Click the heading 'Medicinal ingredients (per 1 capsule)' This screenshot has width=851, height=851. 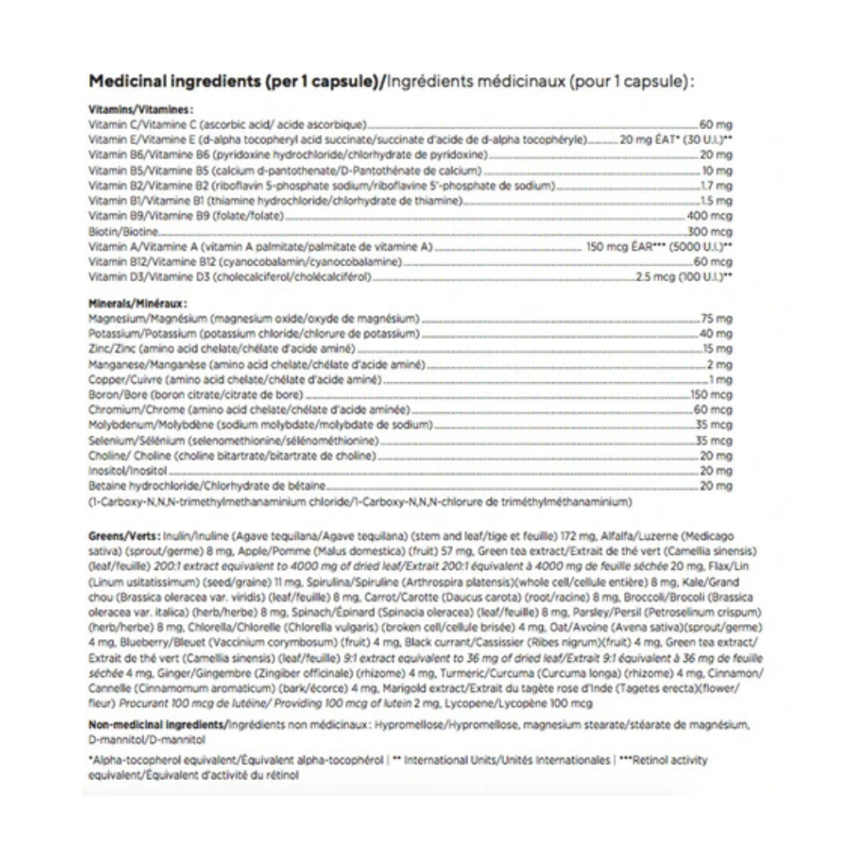(234, 82)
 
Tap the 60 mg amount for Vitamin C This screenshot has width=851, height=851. (716, 125)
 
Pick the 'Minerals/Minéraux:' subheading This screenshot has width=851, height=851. (138, 303)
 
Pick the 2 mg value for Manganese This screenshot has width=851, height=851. (720, 364)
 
